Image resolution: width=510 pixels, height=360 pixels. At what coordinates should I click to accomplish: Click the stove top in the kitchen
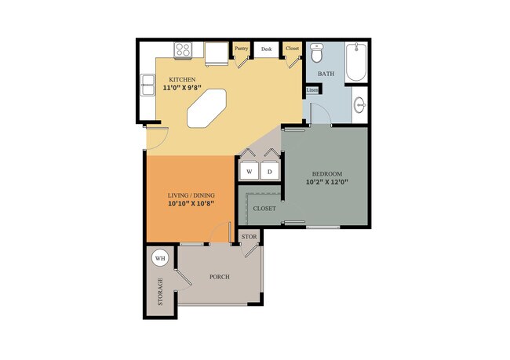(183, 50)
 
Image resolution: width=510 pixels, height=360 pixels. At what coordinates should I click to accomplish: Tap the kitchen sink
(148, 85)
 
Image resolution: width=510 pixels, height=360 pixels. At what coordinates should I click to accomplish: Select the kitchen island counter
(206, 108)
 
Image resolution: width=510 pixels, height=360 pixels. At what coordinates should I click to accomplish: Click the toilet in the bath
(316, 53)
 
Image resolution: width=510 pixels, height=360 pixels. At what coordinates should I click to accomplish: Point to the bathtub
(356, 62)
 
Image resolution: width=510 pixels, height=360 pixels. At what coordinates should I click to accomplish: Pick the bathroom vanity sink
(359, 105)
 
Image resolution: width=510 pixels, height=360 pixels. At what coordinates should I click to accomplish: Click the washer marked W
(250, 171)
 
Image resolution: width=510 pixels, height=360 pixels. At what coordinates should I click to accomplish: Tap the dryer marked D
(270, 171)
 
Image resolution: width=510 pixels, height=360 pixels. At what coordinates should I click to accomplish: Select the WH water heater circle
(160, 259)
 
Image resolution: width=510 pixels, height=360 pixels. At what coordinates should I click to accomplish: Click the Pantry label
(242, 48)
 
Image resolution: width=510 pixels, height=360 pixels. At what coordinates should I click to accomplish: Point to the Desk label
(267, 49)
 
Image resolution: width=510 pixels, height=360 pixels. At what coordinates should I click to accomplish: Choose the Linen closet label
(312, 90)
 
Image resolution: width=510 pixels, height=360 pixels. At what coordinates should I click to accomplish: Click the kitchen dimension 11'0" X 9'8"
(182, 88)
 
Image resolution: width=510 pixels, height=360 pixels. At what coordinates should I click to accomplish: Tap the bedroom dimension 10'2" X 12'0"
(327, 182)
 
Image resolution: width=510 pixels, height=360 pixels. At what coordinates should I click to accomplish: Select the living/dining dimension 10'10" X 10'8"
(191, 204)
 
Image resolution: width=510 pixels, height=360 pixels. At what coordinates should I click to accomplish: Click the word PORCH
(220, 277)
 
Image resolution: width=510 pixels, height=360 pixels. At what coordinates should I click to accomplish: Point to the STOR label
(250, 237)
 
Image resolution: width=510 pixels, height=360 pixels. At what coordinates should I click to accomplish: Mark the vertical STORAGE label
(160, 292)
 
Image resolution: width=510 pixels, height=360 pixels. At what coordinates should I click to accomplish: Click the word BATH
(326, 74)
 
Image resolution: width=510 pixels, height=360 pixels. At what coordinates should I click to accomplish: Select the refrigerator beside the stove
(217, 53)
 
